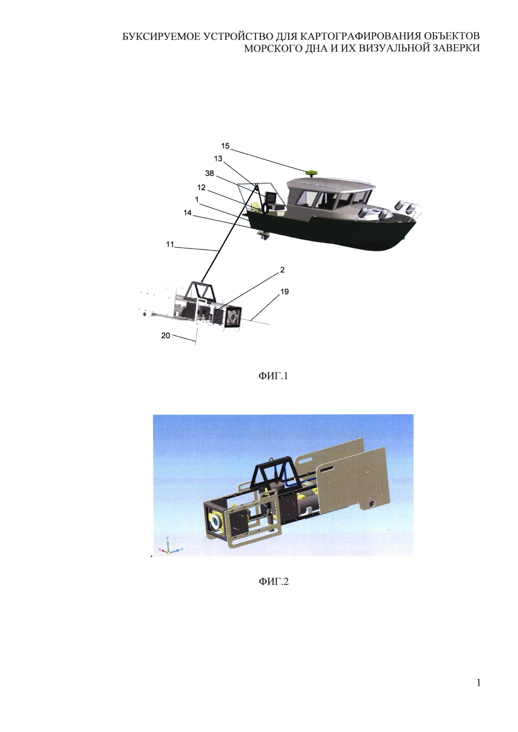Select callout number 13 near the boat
[218, 158]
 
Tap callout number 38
[209, 173]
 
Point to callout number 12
[201, 187]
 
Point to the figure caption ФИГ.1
[273, 376]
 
